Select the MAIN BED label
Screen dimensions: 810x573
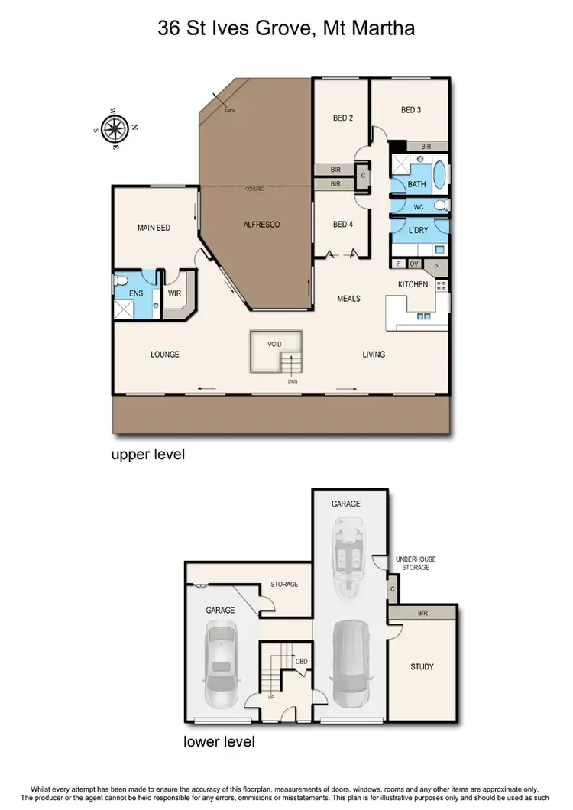click(x=154, y=227)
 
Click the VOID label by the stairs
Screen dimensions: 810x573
click(x=274, y=345)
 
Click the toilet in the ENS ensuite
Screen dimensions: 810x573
click(x=122, y=282)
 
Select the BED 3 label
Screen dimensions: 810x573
click(x=411, y=110)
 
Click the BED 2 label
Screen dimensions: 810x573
click(x=342, y=118)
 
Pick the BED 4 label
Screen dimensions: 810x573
click(x=342, y=224)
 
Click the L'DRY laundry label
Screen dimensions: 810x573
click(x=417, y=230)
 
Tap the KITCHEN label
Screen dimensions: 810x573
click(x=413, y=284)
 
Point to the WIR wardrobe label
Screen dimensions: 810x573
click(x=173, y=292)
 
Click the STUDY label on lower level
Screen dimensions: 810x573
click(x=422, y=666)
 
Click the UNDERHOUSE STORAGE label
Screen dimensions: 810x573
click(x=415, y=563)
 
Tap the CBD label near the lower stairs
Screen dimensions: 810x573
click(x=301, y=661)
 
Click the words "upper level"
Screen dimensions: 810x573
click(x=148, y=455)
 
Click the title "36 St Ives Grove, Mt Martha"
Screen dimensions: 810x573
click(x=286, y=30)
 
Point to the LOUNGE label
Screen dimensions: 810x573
click(x=164, y=354)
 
